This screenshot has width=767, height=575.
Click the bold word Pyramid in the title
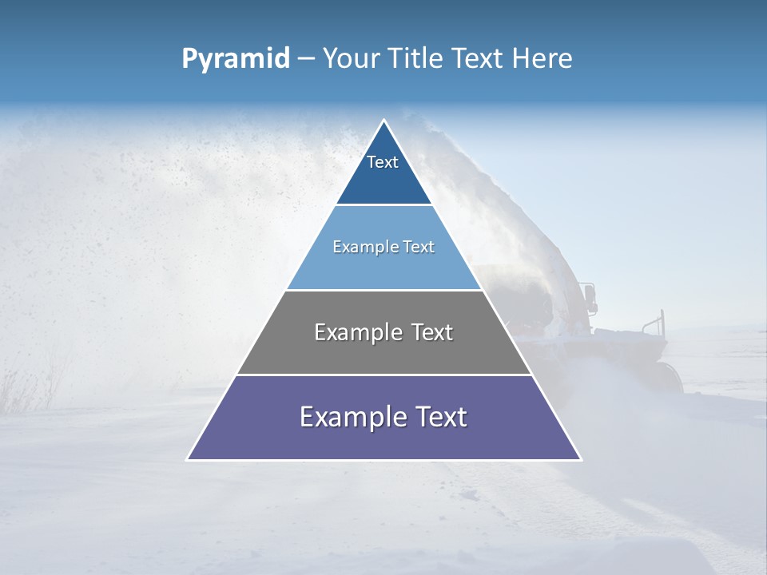[235, 59]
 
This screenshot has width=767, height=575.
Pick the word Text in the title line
[478, 59]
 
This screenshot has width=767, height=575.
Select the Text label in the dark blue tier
[383, 162]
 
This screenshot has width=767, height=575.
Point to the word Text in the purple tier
[441, 417]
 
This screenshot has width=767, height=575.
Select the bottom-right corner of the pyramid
[580, 459]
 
